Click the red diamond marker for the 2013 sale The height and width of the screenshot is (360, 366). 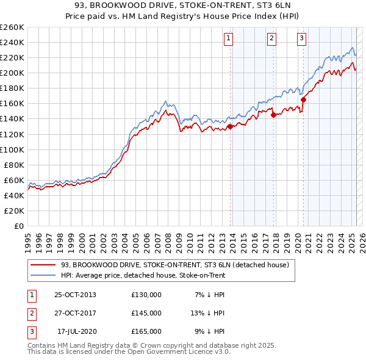tap(231, 127)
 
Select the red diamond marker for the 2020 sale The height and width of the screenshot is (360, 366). tap(303, 99)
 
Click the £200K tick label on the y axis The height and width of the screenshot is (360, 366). tap(12, 73)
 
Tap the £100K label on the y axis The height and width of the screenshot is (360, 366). tap(12, 149)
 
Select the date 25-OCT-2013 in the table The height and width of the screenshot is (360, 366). tap(75, 295)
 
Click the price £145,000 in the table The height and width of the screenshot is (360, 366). tap(146, 313)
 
